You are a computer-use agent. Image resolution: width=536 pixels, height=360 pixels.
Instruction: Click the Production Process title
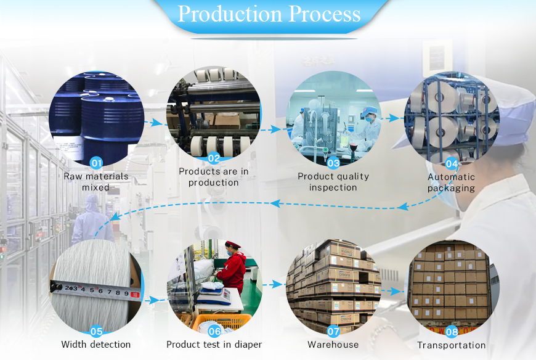click(x=269, y=14)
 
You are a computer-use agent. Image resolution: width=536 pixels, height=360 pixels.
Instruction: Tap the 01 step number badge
click(x=96, y=163)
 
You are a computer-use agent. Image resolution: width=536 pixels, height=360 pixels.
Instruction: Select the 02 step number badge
click(x=214, y=158)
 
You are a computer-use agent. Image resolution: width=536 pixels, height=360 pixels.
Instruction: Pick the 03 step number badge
click(x=333, y=163)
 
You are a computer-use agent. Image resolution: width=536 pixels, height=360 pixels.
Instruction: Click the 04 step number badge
click(x=452, y=164)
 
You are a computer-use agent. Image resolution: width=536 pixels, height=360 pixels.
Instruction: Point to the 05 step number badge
click(x=96, y=331)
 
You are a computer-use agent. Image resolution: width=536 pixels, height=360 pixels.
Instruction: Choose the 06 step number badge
click(x=214, y=331)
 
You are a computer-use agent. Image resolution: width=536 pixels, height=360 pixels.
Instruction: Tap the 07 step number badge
click(x=333, y=331)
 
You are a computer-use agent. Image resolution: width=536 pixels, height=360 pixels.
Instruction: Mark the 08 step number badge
click(x=452, y=332)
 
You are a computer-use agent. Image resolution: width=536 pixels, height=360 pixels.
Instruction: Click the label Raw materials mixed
click(x=96, y=182)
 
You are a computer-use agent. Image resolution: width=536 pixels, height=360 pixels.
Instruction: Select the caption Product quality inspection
click(x=333, y=182)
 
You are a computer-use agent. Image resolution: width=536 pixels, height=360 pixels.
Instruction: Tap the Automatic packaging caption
click(x=452, y=182)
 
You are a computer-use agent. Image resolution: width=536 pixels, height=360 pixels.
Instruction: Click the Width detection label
click(x=96, y=345)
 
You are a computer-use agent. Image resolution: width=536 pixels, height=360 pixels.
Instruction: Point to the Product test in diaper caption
click(x=214, y=345)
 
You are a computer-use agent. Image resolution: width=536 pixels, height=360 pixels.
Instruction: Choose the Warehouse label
click(x=333, y=345)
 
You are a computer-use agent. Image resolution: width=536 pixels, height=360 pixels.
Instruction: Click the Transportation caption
click(x=452, y=345)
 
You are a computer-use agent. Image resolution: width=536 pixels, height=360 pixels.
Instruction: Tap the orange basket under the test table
click(x=222, y=321)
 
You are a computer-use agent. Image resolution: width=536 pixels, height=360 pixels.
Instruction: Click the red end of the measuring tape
click(x=135, y=294)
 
